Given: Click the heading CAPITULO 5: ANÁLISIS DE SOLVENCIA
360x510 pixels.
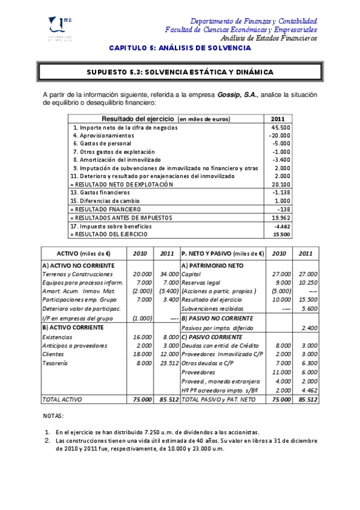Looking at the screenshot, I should [x=180, y=48].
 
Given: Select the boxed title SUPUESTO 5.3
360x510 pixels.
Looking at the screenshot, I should [x=180, y=72].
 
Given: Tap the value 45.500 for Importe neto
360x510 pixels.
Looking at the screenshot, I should [x=281, y=127].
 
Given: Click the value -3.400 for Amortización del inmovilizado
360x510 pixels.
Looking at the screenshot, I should [x=281, y=160].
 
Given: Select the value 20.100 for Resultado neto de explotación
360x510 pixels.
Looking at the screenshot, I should [x=281, y=184].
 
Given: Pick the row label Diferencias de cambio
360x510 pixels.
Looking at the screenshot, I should [x=105, y=200].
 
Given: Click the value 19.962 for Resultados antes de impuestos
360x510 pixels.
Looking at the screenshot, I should [x=281, y=217].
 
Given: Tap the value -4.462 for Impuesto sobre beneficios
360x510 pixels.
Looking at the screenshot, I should [x=281, y=226].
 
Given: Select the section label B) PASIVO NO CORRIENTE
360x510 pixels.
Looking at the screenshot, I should [x=215, y=318].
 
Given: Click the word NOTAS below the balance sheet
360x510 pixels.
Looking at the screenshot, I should [x=53, y=416].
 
